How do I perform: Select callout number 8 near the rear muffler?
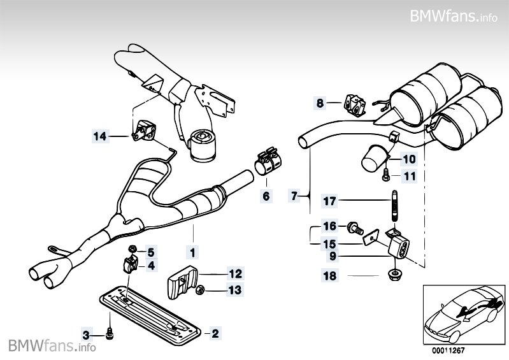point(320,102)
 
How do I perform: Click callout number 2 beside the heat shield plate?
point(215,333)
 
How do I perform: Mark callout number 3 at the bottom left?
point(87,333)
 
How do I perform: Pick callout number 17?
point(329,201)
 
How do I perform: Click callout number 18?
point(329,277)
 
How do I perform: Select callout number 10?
point(408,159)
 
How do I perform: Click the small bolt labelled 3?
point(110,332)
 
